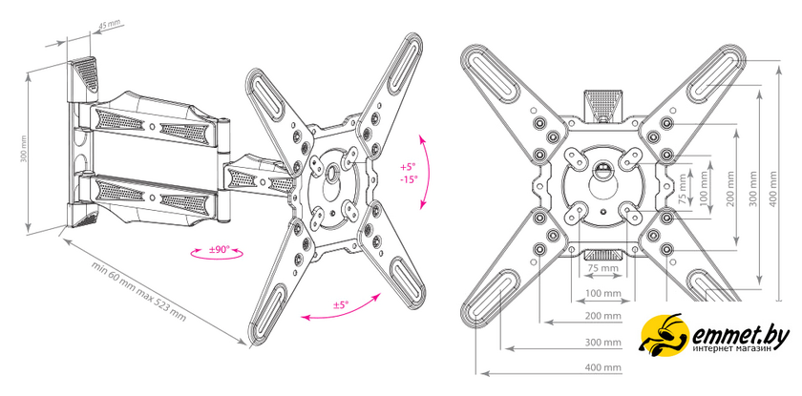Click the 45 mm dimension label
(109, 25)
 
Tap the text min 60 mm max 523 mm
(138, 292)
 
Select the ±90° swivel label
(220, 250)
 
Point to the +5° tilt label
(408, 167)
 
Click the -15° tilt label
(409, 179)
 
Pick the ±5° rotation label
(341, 305)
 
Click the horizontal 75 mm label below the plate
(602, 268)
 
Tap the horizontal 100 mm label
(604, 293)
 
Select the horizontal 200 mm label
(603, 316)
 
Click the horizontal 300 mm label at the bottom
(603, 342)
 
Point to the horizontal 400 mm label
(603, 366)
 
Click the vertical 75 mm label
(683, 189)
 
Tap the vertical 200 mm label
(729, 189)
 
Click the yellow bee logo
(664, 335)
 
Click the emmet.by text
(741, 337)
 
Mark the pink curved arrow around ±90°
(216, 253)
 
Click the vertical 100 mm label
(706, 189)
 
